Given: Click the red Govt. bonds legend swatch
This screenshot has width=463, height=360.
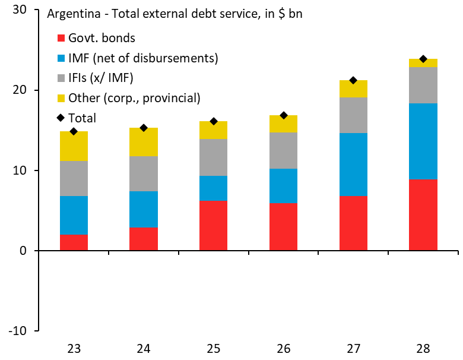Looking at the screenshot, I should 61,39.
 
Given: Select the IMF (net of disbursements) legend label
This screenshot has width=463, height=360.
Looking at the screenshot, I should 143,58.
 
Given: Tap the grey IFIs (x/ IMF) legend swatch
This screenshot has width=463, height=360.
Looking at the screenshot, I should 61,78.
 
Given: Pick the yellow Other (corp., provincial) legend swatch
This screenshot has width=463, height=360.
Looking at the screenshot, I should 61,98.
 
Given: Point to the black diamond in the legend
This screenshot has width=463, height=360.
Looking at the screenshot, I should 61,118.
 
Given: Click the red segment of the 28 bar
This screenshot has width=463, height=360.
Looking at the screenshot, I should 423,214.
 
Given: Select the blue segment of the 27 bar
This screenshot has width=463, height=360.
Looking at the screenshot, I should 353,164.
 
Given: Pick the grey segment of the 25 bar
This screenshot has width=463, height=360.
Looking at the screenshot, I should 214,157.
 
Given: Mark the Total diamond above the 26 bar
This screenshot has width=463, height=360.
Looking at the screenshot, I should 283,115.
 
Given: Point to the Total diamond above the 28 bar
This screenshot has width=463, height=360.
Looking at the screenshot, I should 423,59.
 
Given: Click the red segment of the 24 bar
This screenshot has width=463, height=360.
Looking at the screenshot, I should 144,239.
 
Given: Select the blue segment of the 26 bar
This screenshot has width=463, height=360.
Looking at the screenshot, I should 283,186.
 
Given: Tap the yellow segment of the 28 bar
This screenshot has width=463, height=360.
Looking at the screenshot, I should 423,63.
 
